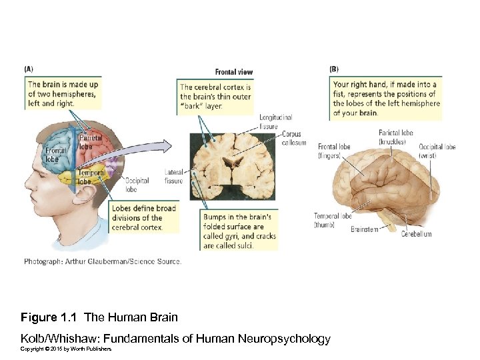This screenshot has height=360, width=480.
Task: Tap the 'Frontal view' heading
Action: pos(233,72)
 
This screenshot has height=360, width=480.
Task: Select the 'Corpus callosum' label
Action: pos(294,138)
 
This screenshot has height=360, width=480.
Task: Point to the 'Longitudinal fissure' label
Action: pos(275,122)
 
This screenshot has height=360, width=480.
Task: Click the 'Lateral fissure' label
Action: pos(173,176)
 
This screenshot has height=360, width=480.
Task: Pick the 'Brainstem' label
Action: pos(364,229)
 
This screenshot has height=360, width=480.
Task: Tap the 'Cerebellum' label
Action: pos(416,234)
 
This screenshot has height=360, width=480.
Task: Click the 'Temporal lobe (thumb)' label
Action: pos(333,220)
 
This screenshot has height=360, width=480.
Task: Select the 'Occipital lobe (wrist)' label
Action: pos(437,151)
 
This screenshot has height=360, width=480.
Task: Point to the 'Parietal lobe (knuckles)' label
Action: pos(396,137)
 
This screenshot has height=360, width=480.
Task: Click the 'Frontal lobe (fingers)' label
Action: pos(334,151)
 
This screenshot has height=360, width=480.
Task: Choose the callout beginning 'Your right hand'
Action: pos(385,99)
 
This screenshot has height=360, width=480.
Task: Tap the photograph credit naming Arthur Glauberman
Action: pos(103,261)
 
